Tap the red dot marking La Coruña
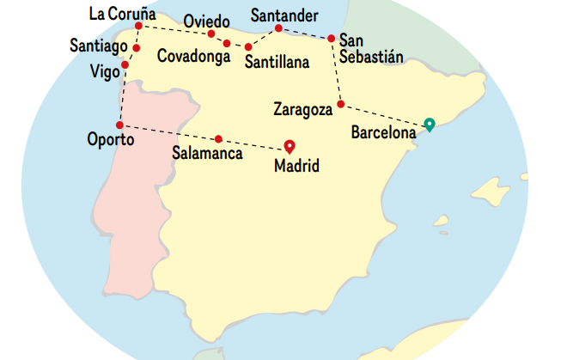(x=138, y=26)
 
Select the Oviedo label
(x=206, y=21)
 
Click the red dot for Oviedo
(x=211, y=34)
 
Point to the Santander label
(x=284, y=15)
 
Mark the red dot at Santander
(x=279, y=29)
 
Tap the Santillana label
(x=277, y=62)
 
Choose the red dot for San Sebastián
(x=332, y=38)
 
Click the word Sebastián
(x=371, y=57)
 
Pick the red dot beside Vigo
(x=125, y=64)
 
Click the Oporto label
(x=110, y=139)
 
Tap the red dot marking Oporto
(x=119, y=125)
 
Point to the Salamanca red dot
(x=219, y=138)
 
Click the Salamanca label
(x=207, y=154)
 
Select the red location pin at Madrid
(x=290, y=146)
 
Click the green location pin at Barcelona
(x=430, y=124)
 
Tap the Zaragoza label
(x=302, y=109)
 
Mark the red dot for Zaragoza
(x=341, y=104)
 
